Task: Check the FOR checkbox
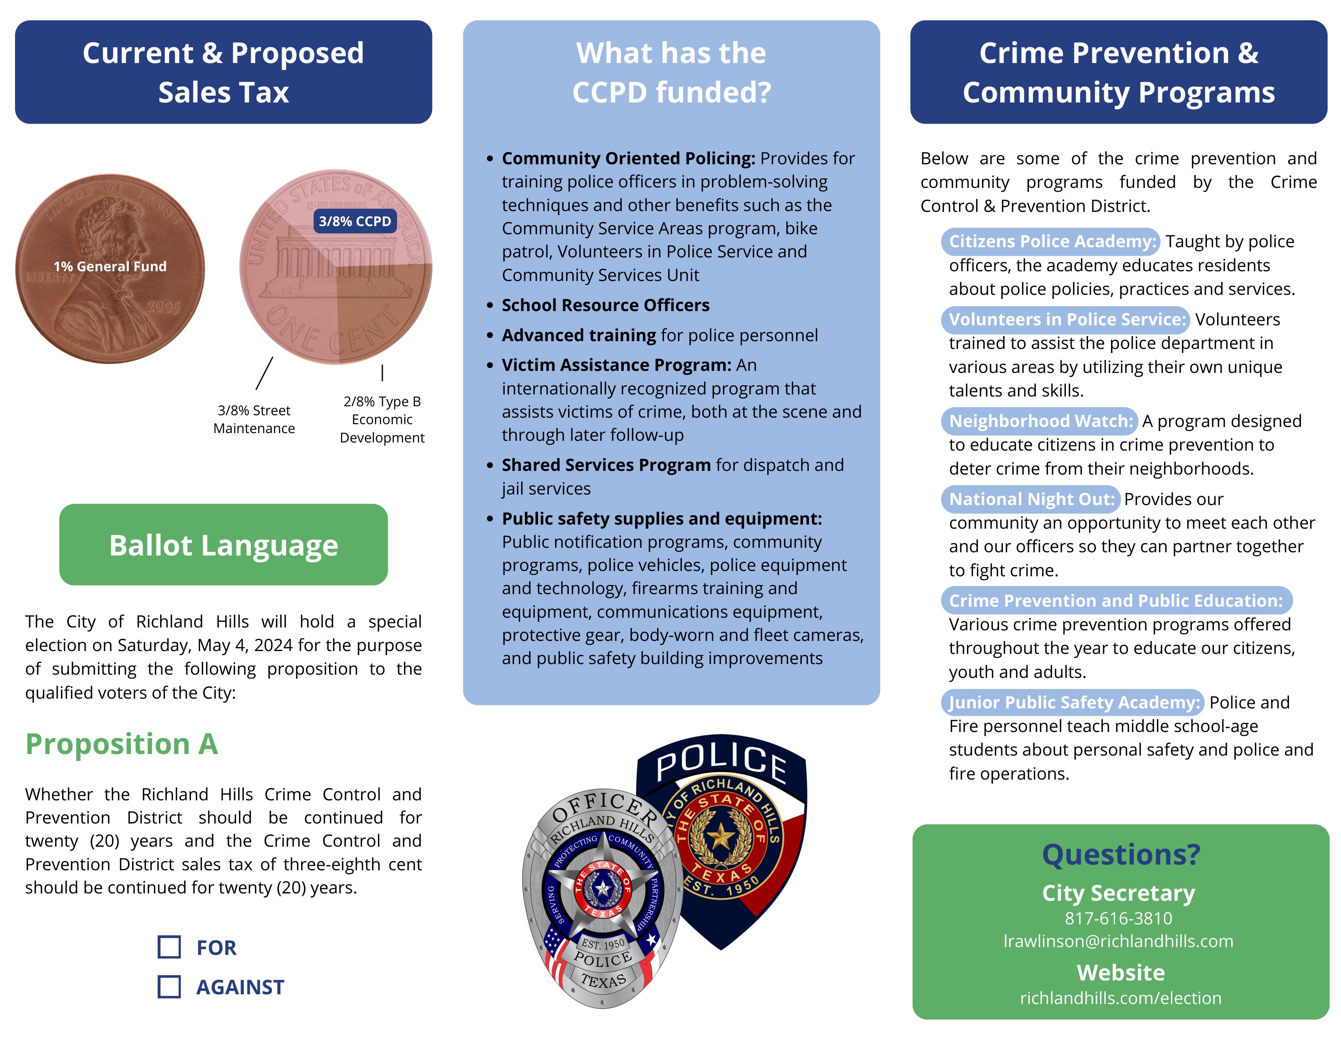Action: point(169,947)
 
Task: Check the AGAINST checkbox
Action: point(169,987)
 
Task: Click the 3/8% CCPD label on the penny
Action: point(355,221)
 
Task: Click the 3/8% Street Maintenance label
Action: point(254,419)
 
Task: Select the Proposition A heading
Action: point(122,744)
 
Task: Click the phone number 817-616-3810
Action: point(1118,918)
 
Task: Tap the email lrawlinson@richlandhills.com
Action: point(1118,941)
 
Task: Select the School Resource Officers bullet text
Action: point(605,305)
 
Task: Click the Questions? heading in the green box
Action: point(1121,854)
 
